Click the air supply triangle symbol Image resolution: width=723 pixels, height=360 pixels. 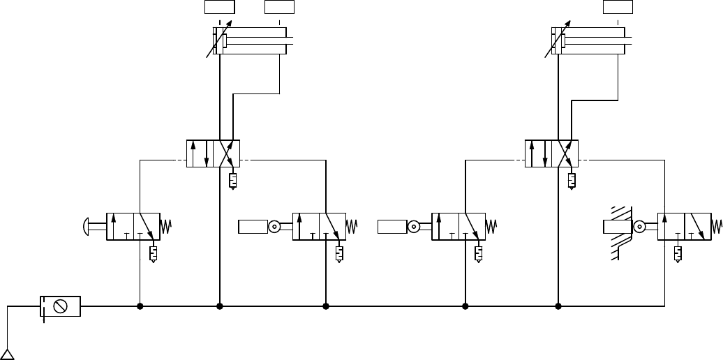pyautogui.click(x=8, y=354)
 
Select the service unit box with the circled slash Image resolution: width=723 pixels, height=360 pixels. pyautogui.click(x=59, y=306)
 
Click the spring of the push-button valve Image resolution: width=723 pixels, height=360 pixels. pyautogui.click(x=166, y=226)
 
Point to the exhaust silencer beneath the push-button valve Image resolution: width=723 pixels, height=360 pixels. pyautogui.click(x=153, y=253)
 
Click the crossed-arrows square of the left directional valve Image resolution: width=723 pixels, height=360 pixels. pyautogui.click(x=226, y=153)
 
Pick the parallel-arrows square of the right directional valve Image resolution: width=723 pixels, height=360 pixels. pyautogui.click(x=538, y=153)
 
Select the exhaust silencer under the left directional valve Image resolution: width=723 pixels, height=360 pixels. pyautogui.click(x=232, y=181)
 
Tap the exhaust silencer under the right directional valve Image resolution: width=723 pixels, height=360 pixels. pyautogui.click(x=572, y=181)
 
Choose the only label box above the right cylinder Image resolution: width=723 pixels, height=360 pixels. pyautogui.click(x=618, y=7)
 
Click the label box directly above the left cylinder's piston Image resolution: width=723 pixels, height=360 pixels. pyautogui.click(x=219, y=7)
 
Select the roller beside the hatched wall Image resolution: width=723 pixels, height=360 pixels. pyautogui.click(x=640, y=226)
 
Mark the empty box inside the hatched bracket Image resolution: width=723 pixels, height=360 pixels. pyautogui.click(x=616, y=226)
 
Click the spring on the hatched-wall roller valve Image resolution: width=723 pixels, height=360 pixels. pyautogui.click(x=717, y=226)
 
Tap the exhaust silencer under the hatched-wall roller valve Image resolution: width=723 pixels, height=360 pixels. pyautogui.click(x=677, y=253)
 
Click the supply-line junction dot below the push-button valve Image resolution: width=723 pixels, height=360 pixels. pyautogui.click(x=140, y=306)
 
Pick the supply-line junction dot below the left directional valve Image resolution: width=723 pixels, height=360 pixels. pyautogui.click(x=220, y=306)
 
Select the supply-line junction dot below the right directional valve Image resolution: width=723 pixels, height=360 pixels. pyautogui.click(x=558, y=306)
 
